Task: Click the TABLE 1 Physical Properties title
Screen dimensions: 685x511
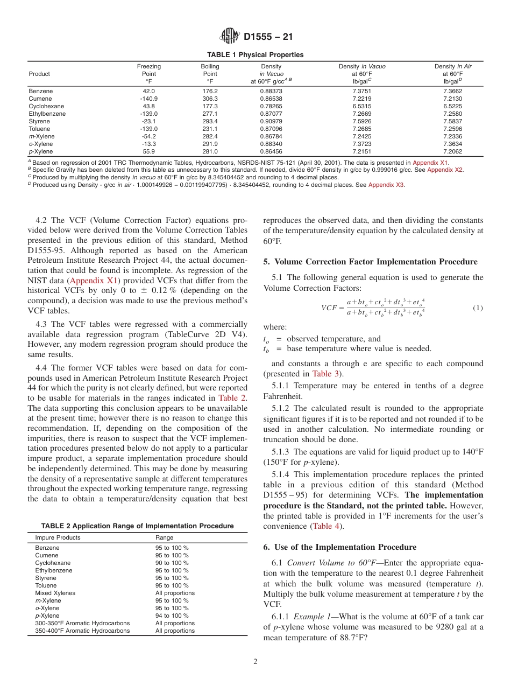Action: (256, 55)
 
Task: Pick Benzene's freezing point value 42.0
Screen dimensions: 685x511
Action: (148, 92)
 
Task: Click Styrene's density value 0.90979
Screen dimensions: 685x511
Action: (271, 122)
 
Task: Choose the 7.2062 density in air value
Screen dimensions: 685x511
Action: (453, 152)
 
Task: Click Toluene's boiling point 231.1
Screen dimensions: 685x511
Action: (210, 129)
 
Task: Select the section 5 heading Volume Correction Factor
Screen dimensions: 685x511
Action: (370, 262)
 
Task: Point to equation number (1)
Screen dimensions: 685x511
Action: (478, 308)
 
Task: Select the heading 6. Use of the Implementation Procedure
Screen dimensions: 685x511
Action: (340, 547)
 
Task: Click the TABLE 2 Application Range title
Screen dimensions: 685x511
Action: (137, 526)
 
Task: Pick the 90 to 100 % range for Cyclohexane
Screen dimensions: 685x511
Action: (172, 563)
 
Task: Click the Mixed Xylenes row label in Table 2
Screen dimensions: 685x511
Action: (55, 593)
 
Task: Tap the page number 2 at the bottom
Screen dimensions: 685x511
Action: (256, 662)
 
